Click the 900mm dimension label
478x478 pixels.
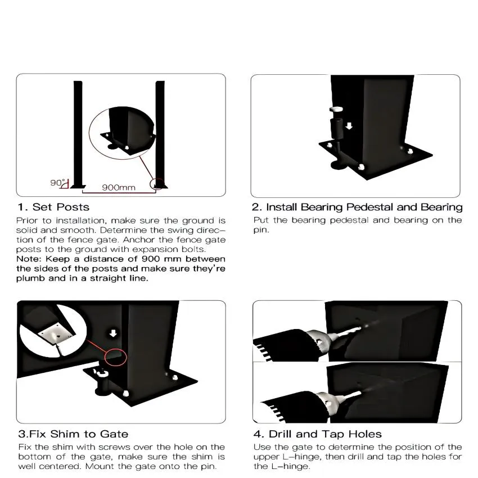click(119, 187)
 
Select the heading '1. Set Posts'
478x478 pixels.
click(53, 207)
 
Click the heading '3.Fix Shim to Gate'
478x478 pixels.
click(73, 434)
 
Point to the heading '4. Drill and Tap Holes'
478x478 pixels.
click(317, 434)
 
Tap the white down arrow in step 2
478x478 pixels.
click(349, 125)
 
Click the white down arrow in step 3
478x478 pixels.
click(114, 333)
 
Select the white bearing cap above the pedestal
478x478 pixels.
click(336, 109)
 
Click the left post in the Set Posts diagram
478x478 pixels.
click(78, 134)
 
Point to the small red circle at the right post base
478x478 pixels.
click(157, 184)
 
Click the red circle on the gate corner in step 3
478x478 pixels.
click(115, 356)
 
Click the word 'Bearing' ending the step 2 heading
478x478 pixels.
click(441, 208)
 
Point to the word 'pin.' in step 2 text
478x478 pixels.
click(261, 230)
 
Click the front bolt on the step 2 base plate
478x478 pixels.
click(361, 167)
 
